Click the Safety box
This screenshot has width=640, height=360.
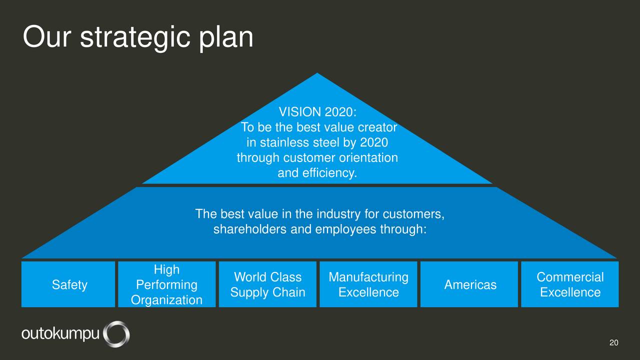click(68, 284)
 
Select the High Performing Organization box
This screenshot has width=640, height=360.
click(167, 284)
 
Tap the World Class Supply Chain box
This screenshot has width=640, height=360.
click(267, 284)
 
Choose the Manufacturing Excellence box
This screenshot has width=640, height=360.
click(368, 284)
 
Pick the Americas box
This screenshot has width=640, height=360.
click(469, 284)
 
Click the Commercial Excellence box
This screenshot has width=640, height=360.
click(570, 284)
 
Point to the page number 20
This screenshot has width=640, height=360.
click(613, 342)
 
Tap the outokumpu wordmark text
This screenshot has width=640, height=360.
click(60, 333)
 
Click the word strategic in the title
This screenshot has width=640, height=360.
click(135, 38)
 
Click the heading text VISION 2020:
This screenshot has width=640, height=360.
click(317, 111)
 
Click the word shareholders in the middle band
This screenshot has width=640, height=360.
click(249, 229)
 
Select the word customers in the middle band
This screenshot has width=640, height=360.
click(413, 214)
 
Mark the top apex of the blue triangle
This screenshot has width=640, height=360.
click(317, 73)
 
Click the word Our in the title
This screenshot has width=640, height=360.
click(47, 37)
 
